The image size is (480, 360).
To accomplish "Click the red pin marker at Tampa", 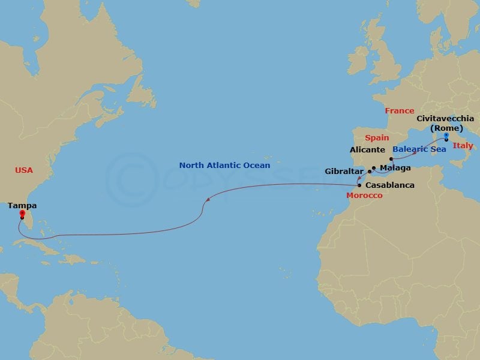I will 22,214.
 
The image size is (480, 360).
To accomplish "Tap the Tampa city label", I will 22,205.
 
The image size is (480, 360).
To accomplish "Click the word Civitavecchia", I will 445,119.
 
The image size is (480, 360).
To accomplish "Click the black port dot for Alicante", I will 391,159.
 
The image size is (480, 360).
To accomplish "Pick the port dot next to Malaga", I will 374,168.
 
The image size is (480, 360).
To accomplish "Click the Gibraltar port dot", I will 370,172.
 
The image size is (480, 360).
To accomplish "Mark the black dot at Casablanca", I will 359,185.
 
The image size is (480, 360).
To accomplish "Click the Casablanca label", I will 389,185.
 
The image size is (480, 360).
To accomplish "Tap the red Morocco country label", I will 364,196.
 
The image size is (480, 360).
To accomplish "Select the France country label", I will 400,111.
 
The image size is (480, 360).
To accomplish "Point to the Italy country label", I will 463,146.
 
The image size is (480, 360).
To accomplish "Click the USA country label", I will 24,170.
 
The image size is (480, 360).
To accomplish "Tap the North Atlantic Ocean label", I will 224,165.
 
